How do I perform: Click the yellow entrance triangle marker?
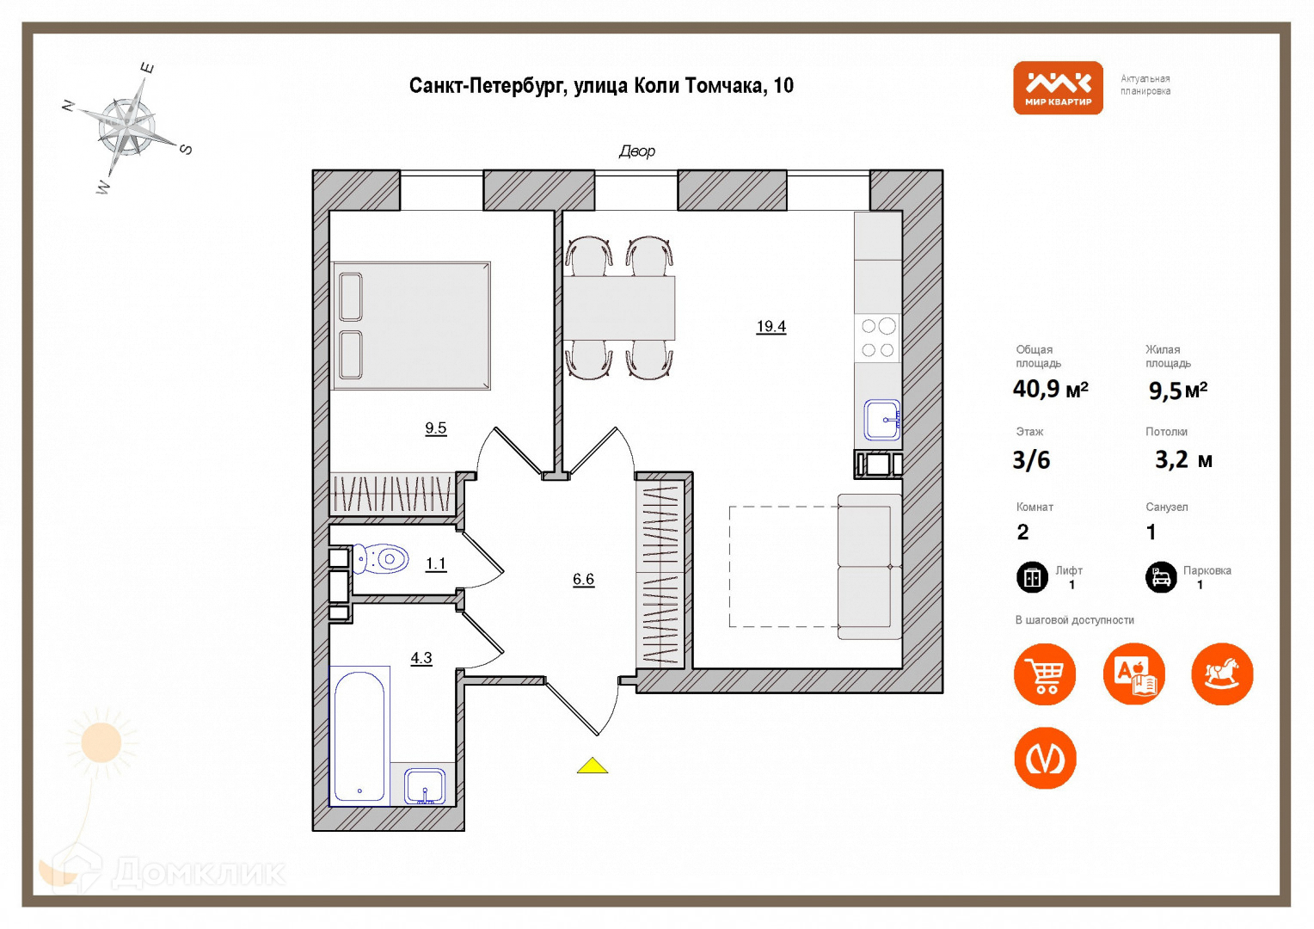tap(592, 766)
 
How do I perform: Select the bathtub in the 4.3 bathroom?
tap(359, 736)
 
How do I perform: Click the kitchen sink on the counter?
tap(881, 420)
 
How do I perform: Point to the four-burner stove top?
tap(877, 338)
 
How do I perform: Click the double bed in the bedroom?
tap(411, 326)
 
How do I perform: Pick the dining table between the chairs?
tap(618, 307)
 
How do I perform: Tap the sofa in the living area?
tap(869, 566)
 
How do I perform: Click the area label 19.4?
tap(771, 326)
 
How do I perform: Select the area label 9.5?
tap(435, 428)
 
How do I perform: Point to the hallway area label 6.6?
tap(583, 579)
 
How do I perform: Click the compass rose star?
tap(127, 127)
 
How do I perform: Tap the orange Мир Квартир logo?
tap(1058, 88)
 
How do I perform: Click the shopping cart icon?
tap(1045, 674)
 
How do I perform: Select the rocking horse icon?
tap(1222, 674)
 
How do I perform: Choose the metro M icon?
tap(1045, 758)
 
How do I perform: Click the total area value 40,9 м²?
tap(1050, 389)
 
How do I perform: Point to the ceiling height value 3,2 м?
tap(1183, 459)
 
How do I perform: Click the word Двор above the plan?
tap(637, 151)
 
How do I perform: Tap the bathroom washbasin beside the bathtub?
tap(425, 785)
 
